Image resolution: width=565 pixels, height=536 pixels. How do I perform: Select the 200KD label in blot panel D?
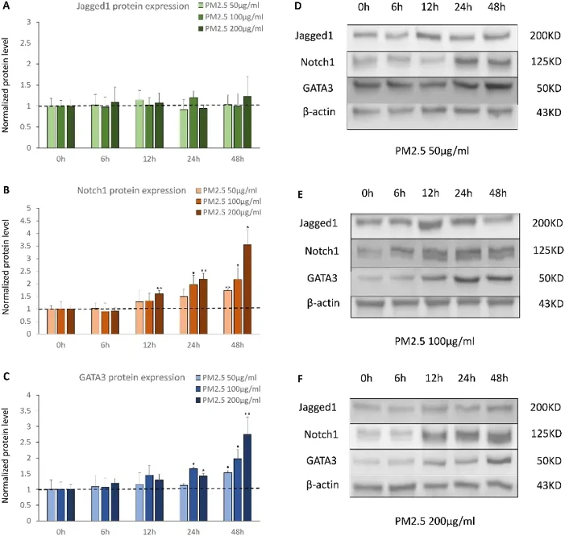[x=541, y=37]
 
